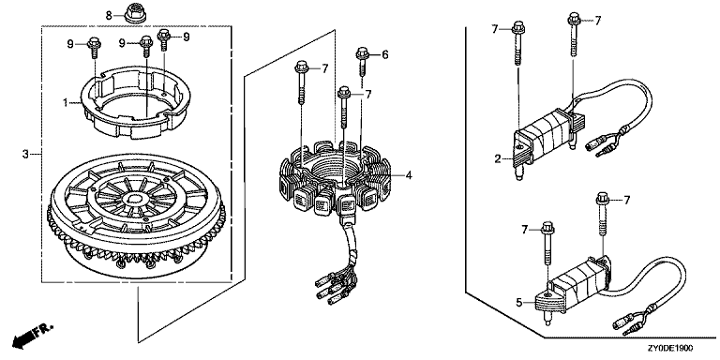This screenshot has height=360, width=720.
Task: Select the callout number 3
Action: (x=25, y=155)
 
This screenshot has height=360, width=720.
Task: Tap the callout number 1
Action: (x=66, y=102)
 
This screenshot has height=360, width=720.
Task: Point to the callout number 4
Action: (x=408, y=174)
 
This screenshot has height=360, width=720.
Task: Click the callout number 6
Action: (x=384, y=55)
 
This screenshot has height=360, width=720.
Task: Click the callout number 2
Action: (x=497, y=159)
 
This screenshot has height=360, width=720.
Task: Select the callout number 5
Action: (x=518, y=302)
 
